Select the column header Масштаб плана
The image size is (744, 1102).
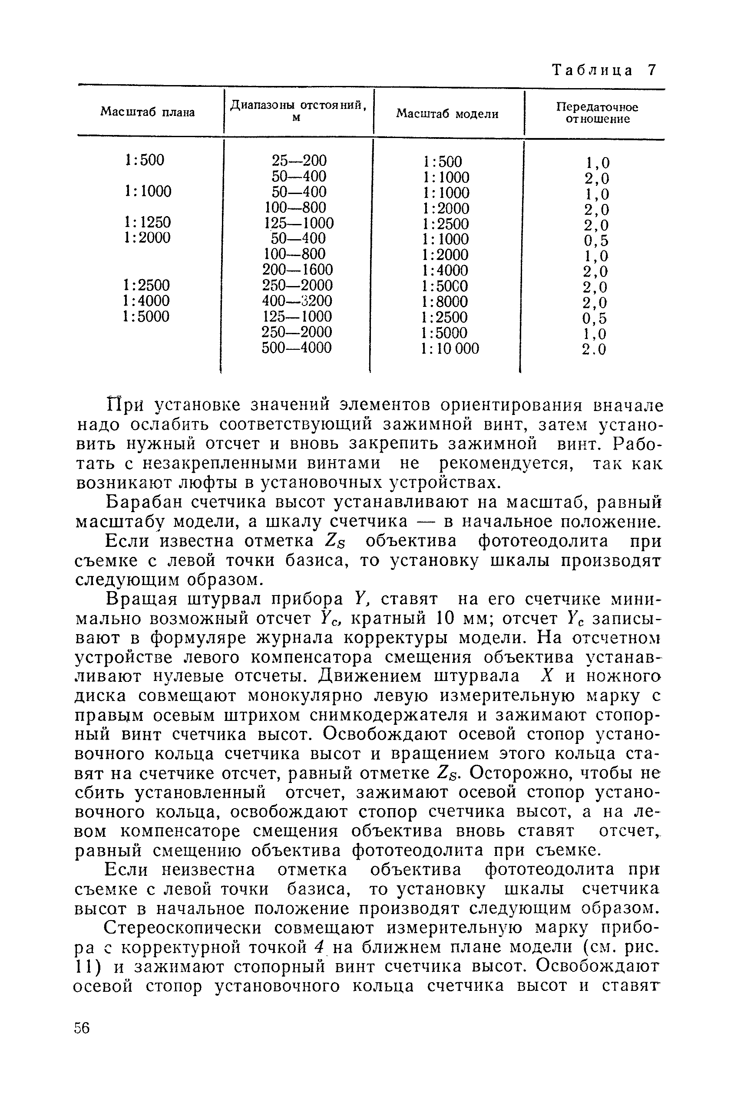(148, 112)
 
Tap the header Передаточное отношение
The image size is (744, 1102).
(597, 113)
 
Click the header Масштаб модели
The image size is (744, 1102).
(447, 114)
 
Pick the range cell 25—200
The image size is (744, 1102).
(299, 161)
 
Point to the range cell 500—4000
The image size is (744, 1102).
(297, 348)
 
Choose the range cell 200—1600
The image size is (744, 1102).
(298, 270)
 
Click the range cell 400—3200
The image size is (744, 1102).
(298, 301)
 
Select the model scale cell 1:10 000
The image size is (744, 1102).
(450, 349)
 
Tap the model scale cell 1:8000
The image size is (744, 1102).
(445, 302)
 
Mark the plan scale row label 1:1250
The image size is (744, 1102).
(148, 222)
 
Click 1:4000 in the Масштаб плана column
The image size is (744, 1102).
(146, 301)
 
